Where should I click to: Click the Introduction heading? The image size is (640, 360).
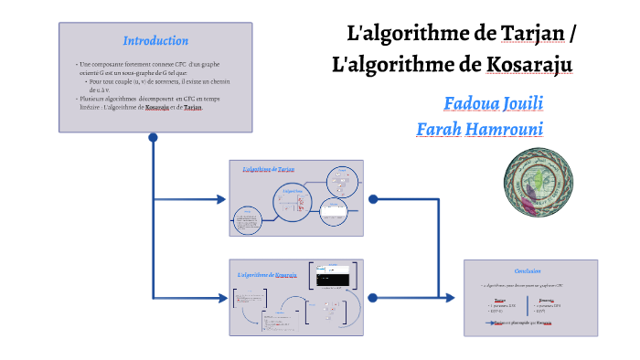pos(155,41)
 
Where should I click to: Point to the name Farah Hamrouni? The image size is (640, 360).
pos(479,129)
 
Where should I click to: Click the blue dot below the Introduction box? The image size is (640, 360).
pos(154,138)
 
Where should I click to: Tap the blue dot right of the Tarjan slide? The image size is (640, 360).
pos(371,198)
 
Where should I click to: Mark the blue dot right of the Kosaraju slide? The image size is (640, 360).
pos(372,297)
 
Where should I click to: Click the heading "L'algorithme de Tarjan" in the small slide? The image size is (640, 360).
pos(269,170)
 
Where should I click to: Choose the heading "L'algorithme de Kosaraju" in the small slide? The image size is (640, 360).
pos(267,275)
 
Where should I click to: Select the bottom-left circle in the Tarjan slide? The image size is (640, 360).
pos(248,220)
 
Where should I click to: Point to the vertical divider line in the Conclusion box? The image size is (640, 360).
pos(531,307)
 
